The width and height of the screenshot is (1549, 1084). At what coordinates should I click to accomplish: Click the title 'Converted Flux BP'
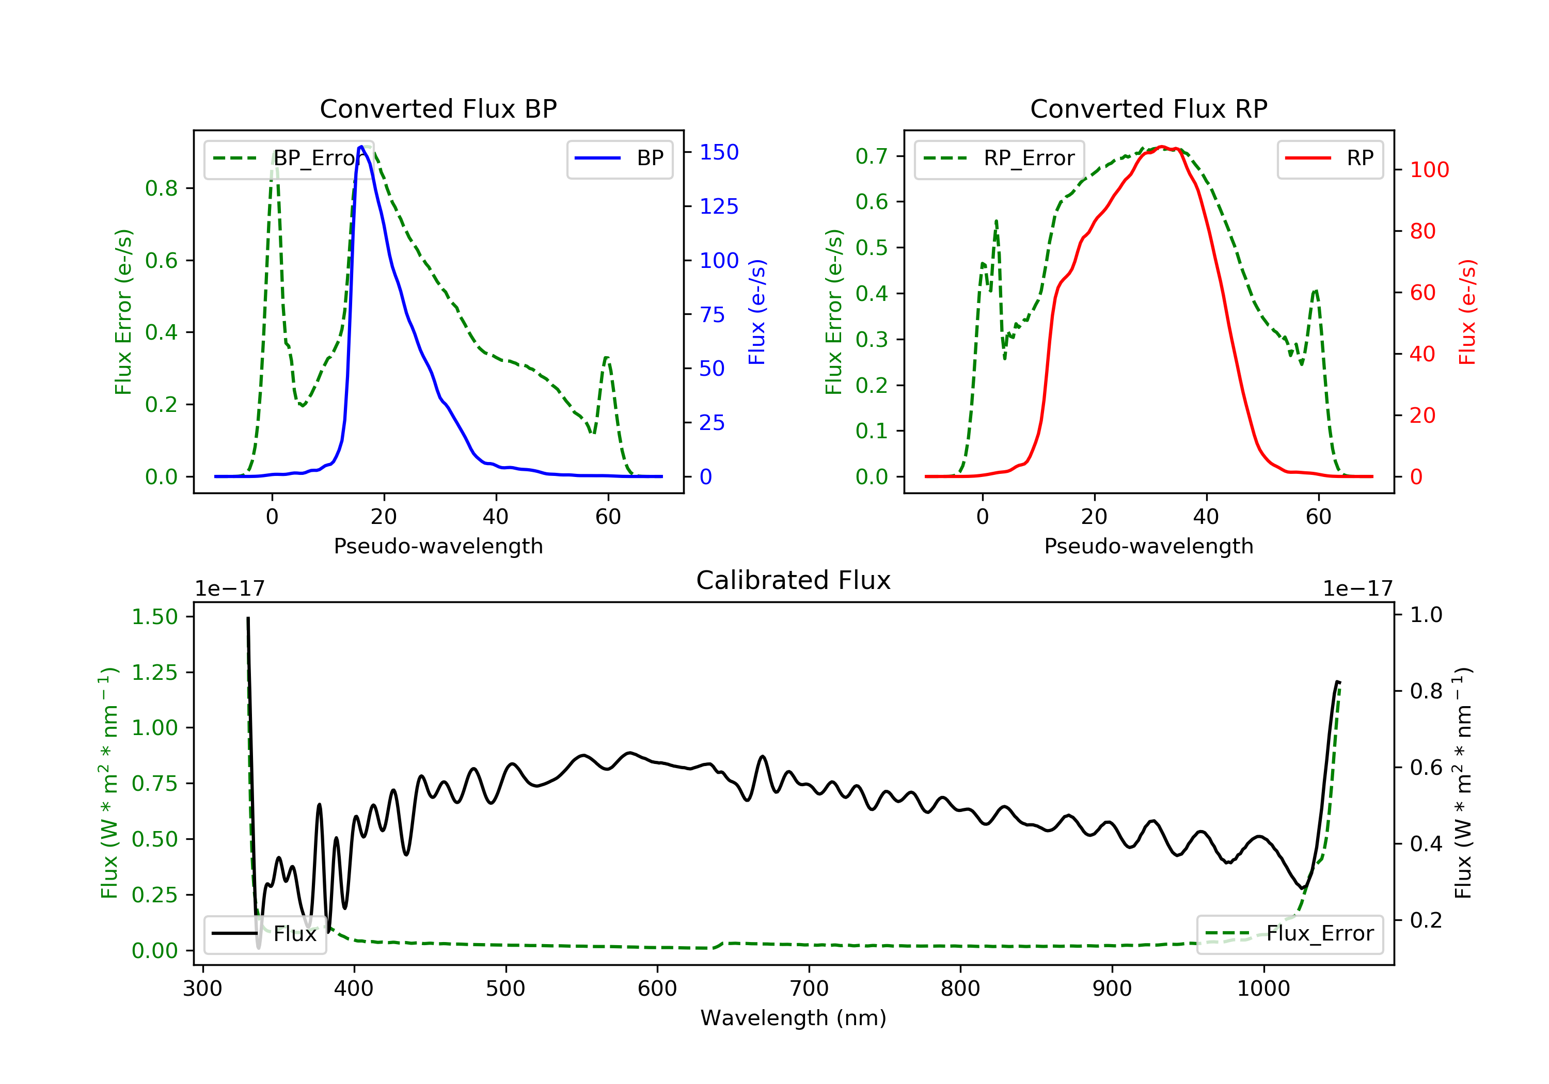(x=438, y=108)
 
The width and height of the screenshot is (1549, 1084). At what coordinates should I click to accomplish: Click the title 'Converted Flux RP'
(x=1148, y=108)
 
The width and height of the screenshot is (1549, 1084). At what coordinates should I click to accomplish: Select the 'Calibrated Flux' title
(x=794, y=580)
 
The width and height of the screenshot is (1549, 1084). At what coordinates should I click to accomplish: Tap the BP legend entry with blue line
(x=619, y=158)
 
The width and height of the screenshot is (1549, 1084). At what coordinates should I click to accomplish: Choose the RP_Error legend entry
(x=999, y=158)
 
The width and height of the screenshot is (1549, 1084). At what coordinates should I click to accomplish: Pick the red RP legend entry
(x=1329, y=158)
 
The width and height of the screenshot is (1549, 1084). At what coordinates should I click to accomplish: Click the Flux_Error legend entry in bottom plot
(x=1289, y=934)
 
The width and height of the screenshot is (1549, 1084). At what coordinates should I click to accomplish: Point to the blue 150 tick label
(x=719, y=152)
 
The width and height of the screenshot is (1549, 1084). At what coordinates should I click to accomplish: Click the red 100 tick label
(x=1430, y=170)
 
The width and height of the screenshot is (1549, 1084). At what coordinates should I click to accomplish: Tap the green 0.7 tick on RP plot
(x=872, y=156)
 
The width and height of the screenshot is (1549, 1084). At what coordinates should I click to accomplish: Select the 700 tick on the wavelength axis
(x=809, y=989)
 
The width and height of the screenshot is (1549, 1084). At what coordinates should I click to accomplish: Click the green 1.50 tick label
(x=154, y=616)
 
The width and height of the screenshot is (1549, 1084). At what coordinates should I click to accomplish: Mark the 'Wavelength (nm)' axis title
(x=794, y=1018)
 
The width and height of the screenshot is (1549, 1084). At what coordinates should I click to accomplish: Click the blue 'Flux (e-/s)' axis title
(x=757, y=312)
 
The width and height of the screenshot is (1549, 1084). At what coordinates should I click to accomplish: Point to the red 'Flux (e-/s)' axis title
(x=1467, y=312)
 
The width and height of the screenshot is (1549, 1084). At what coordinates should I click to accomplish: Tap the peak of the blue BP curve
(x=361, y=147)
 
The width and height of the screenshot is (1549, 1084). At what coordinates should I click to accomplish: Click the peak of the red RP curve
(x=1162, y=147)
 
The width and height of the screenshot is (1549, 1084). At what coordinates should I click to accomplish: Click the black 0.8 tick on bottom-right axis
(x=1426, y=691)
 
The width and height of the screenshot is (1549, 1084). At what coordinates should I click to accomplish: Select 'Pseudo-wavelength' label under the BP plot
(x=438, y=546)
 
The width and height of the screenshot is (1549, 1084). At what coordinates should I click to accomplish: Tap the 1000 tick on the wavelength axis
(x=1263, y=989)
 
